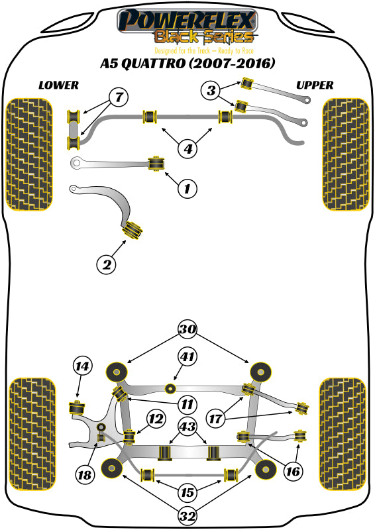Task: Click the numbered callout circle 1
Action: [x=187, y=189]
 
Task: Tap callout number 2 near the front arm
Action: [x=106, y=265]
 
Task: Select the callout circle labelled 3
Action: [x=211, y=91]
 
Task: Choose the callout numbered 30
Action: [x=187, y=329]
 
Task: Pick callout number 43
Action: [x=188, y=429]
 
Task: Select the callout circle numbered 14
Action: [x=82, y=366]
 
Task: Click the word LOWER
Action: [x=58, y=85]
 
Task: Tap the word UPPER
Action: [x=315, y=85]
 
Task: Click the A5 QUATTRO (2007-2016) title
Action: [x=187, y=64]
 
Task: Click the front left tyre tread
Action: [x=30, y=154]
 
